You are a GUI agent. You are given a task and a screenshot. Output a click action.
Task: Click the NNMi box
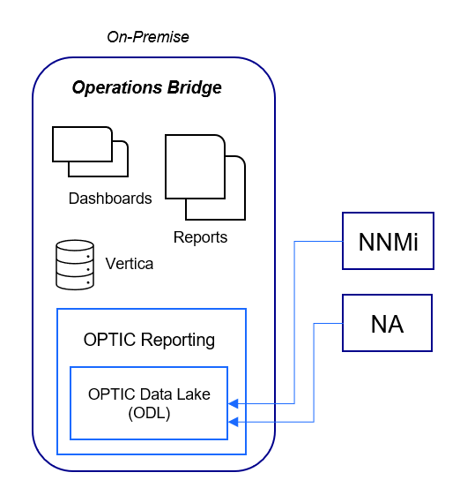click(x=388, y=241)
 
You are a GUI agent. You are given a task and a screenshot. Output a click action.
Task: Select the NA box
click(x=388, y=324)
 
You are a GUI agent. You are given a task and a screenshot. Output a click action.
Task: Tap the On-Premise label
click(x=148, y=37)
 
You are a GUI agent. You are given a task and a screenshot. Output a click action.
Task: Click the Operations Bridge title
click(x=146, y=88)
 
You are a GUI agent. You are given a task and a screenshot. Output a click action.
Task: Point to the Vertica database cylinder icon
click(x=74, y=265)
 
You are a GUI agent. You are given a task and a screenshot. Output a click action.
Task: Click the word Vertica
click(x=129, y=264)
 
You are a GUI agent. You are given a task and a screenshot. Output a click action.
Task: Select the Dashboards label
click(x=110, y=199)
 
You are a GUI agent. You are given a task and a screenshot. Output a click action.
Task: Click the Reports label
click(x=200, y=237)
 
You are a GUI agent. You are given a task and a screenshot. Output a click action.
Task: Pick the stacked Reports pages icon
click(x=204, y=176)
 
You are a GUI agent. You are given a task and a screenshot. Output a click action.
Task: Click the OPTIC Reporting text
click(x=149, y=340)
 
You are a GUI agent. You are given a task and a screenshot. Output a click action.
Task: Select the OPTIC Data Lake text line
click(x=150, y=394)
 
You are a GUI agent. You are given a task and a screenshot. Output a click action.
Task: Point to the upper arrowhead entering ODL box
click(x=234, y=404)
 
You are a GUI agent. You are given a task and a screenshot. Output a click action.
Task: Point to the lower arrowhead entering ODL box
click(x=234, y=424)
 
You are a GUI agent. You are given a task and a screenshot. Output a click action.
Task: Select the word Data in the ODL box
click(x=160, y=394)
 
